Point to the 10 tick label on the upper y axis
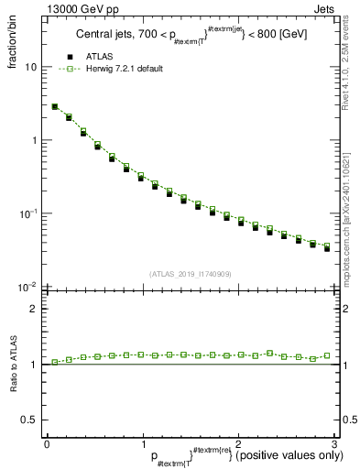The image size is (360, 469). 30,67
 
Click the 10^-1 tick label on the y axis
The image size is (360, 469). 28,213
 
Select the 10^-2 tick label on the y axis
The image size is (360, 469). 28,287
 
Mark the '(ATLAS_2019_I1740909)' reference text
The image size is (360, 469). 189,274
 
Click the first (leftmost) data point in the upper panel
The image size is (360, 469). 55,107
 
